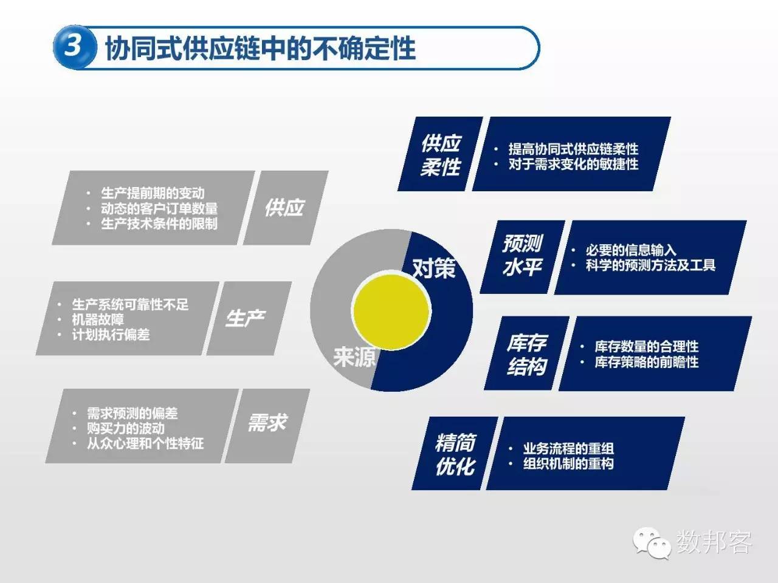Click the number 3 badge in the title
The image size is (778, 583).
(74, 46)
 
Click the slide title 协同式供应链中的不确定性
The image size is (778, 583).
(260, 48)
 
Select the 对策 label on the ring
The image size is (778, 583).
(433, 268)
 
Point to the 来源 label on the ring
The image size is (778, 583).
(354, 356)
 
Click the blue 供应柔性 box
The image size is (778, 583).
(441, 154)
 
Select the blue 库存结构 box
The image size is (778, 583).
(527, 354)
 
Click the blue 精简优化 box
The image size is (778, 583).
(455, 454)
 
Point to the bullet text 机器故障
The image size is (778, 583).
(98, 319)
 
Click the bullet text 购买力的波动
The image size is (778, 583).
(126, 428)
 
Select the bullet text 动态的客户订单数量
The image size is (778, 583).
(159, 208)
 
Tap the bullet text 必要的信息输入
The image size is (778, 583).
(631, 250)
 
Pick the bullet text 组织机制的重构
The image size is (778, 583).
(568, 464)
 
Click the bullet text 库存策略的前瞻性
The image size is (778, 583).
(647, 362)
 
